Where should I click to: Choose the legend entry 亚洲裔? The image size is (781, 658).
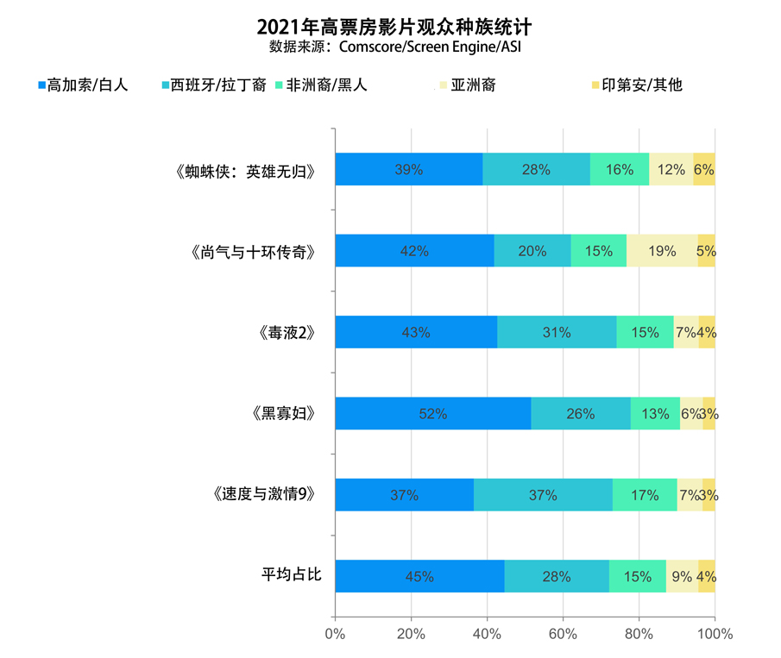click(x=466, y=85)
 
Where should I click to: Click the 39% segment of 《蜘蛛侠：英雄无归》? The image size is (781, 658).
click(x=408, y=170)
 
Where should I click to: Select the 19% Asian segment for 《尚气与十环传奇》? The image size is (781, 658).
click(x=662, y=251)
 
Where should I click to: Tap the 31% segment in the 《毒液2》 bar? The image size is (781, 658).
click(x=557, y=332)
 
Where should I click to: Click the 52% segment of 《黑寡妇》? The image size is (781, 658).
click(x=432, y=414)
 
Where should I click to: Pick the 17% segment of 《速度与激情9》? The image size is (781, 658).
click(x=645, y=495)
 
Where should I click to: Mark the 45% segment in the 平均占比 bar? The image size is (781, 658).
click(x=419, y=576)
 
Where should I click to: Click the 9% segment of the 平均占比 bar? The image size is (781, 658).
click(x=682, y=576)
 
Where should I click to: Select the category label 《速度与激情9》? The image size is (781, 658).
click(x=260, y=495)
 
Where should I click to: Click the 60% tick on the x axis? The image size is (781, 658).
click(x=563, y=634)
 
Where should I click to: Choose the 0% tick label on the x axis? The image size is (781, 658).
click(x=335, y=634)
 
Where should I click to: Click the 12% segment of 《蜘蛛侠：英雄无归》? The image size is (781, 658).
click(x=671, y=170)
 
